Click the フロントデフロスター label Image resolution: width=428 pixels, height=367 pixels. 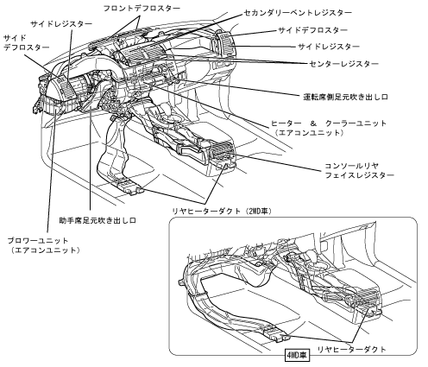tap(142, 9)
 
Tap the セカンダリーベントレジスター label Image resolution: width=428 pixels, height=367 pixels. tap(298, 13)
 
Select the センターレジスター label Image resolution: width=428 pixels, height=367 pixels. tap(343, 64)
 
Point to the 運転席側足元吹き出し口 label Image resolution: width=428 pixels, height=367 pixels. tap(345, 97)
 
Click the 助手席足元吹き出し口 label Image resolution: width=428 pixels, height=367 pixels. tap(98, 220)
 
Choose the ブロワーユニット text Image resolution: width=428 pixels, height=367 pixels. tap(38, 240)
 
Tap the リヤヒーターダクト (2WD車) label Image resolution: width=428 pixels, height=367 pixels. tap(222, 211)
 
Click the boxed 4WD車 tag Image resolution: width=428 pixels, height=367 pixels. tap(297, 356)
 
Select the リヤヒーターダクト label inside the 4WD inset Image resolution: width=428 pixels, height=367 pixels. tap(351, 350)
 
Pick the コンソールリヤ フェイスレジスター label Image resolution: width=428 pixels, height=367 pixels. tap(359, 170)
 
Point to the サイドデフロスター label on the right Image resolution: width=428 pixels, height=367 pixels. tap(313, 30)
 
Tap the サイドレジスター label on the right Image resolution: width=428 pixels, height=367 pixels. tap(329, 47)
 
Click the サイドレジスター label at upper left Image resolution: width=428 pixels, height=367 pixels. tap(61, 24)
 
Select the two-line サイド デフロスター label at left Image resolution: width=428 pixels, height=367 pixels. tap(27, 42)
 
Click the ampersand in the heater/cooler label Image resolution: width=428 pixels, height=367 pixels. tap(313, 123)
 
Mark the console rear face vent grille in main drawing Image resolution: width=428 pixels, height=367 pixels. tap(222, 152)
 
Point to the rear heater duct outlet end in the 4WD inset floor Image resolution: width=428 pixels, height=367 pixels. tap(277, 334)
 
